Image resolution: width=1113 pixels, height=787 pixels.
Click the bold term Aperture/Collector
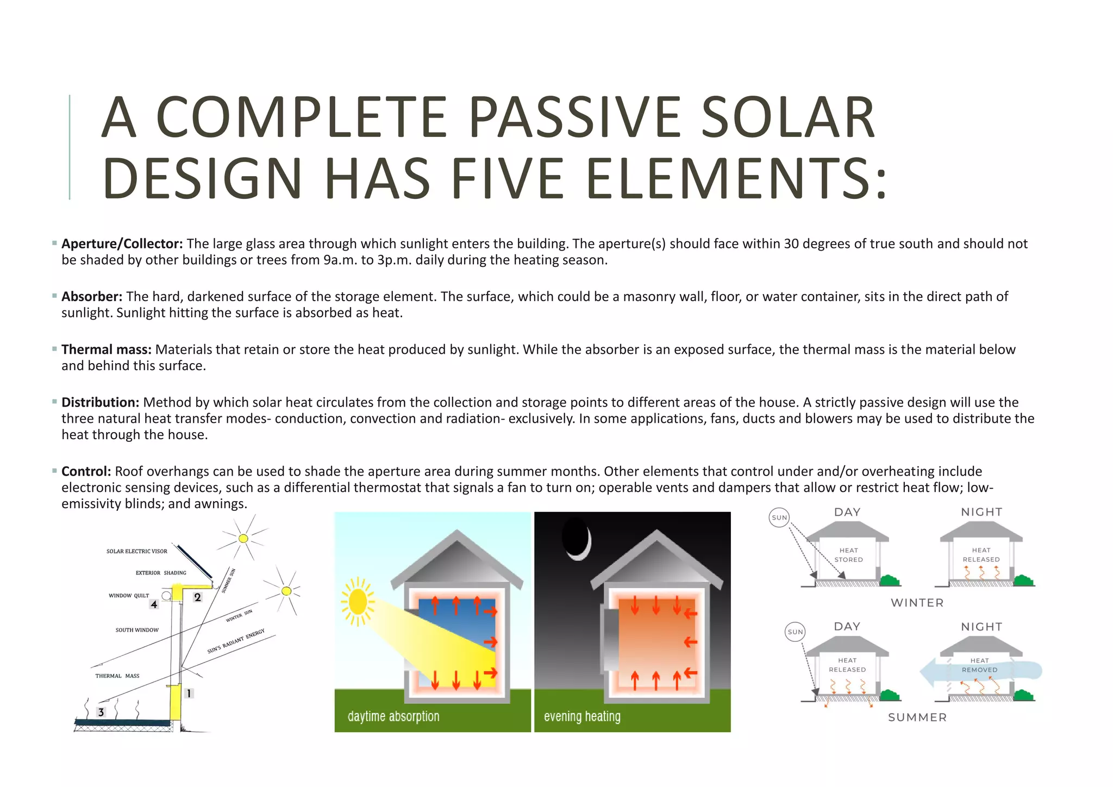pyautogui.click(x=122, y=244)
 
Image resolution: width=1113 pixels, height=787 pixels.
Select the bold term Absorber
pyautogui.click(x=92, y=297)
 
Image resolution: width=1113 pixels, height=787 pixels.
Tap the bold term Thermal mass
pyautogui.click(x=106, y=349)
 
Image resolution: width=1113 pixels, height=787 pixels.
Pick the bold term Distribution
pyautogui.click(x=101, y=402)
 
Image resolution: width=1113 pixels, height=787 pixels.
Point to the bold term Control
pyautogui.click(x=86, y=471)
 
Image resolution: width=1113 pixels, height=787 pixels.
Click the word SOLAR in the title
pyautogui.click(x=787, y=117)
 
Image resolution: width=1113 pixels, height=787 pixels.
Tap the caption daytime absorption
pyautogui.click(x=393, y=716)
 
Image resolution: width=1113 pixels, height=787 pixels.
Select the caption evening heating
pyautogui.click(x=582, y=716)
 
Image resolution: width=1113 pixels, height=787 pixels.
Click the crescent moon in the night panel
pyautogui.click(x=577, y=538)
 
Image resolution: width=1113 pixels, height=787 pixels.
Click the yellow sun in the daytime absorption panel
pyautogui.click(x=358, y=602)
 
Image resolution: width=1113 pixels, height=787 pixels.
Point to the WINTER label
pyautogui.click(x=917, y=603)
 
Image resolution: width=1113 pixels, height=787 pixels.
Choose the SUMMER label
pyautogui.click(x=917, y=717)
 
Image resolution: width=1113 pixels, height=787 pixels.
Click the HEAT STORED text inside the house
pyautogui.click(x=848, y=555)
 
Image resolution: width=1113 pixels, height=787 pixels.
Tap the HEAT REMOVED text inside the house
pyautogui.click(x=980, y=665)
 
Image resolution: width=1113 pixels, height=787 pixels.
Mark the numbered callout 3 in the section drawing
pyautogui.click(x=101, y=712)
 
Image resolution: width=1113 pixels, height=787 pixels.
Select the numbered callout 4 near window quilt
pyautogui.click(x=154, y=604)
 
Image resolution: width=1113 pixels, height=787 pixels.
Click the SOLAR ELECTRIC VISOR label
pyautogui.click(x=137, y=551)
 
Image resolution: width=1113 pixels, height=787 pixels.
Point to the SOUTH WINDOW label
pyautogui.click(x=137, y=630)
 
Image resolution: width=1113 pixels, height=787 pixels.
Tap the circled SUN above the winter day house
pyautogui.click(x=779, y=517)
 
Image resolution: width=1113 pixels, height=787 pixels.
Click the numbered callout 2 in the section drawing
pyautogui.click(x=197, y=597)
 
